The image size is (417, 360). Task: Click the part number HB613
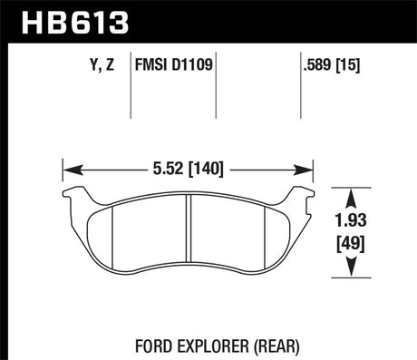tap(56, 19)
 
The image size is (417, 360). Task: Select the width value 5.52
tap(165, 168)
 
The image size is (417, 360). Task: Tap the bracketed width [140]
tap(204, 168)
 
